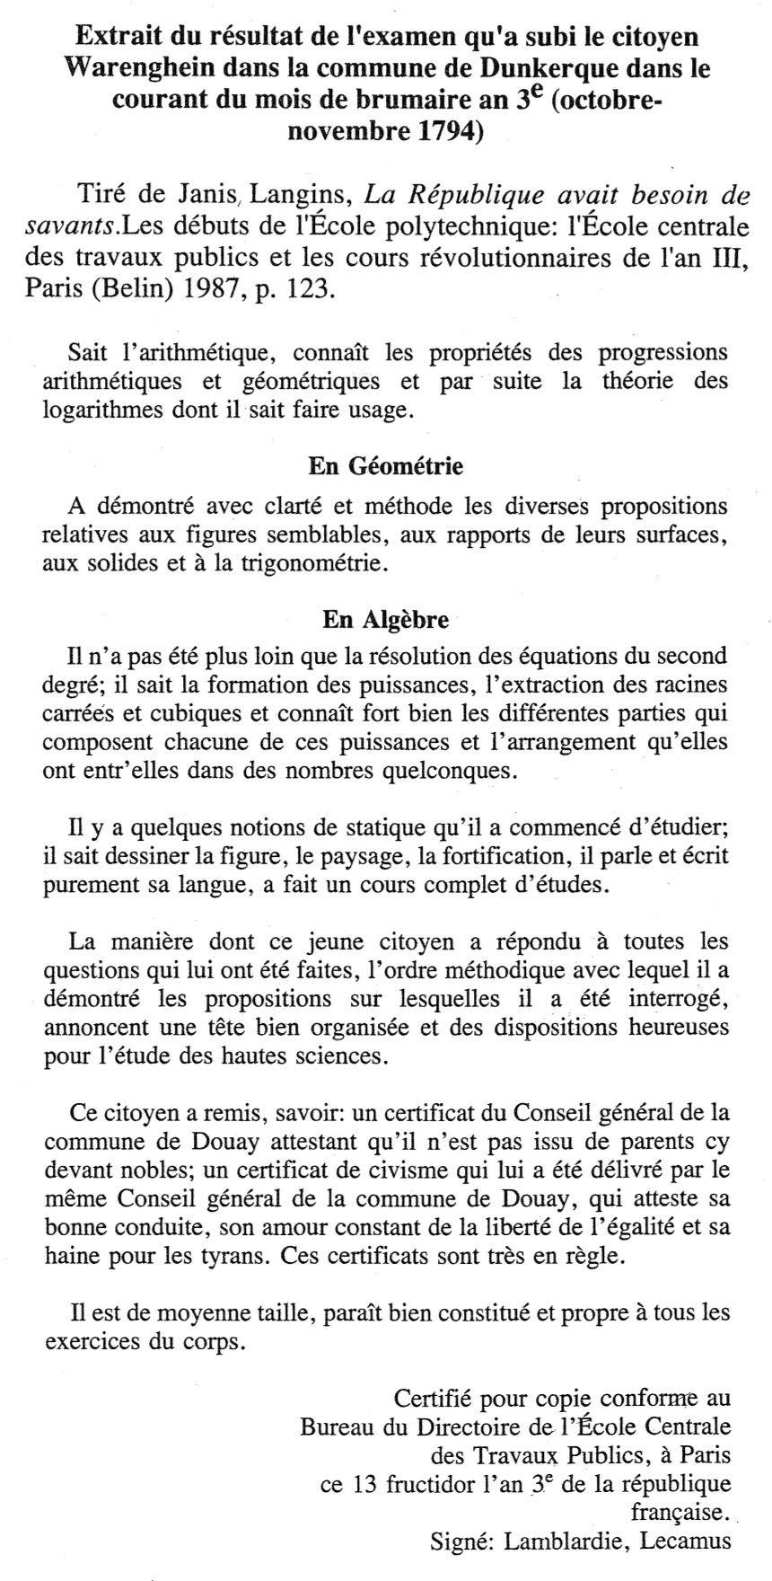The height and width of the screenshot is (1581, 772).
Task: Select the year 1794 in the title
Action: (x=445, y=132)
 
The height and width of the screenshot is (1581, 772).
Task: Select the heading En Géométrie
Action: (x=385, y=467)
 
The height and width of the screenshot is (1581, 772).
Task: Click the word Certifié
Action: (x=434, y=1398)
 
